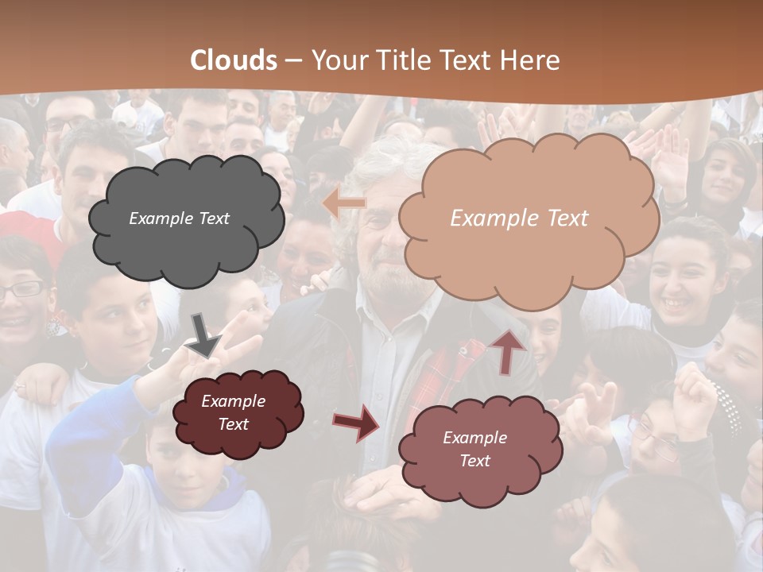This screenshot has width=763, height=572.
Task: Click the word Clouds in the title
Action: tap(234, 60)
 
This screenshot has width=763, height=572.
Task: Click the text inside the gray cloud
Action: tap(179, 218)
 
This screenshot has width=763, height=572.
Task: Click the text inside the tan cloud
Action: tap(519, 218)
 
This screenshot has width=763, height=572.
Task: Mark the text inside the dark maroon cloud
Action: tap(233, 412)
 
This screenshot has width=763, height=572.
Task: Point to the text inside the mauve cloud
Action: tap(474, 449)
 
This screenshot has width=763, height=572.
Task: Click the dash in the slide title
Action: tap(293, 61)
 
